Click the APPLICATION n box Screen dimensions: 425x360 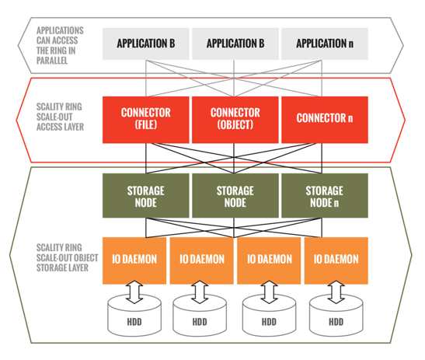point(325,44)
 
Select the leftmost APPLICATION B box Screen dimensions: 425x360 point(146,44)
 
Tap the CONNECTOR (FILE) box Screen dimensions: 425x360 point(146,120)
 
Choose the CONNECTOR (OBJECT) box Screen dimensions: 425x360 point(235,120)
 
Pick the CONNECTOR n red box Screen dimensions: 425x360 point(325,120)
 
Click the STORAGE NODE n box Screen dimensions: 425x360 point(325,195)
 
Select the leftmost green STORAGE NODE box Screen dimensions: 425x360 point(146,195)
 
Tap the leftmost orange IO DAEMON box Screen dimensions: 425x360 point(134,260)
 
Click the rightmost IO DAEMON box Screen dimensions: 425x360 point(336,260)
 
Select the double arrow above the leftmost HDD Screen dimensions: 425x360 point(134,292)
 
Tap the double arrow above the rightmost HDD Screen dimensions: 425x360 point(336,292)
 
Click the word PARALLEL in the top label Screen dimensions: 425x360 point(52,61)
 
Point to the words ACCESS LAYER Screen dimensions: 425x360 point(60,127)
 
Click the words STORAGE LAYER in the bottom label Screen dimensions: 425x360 point(62,267)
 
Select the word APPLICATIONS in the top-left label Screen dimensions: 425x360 point(60,30)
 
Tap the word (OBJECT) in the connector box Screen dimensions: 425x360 point(235,124)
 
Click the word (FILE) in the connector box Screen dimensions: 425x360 point(146,124)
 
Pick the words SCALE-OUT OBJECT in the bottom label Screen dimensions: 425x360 point(68,257)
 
